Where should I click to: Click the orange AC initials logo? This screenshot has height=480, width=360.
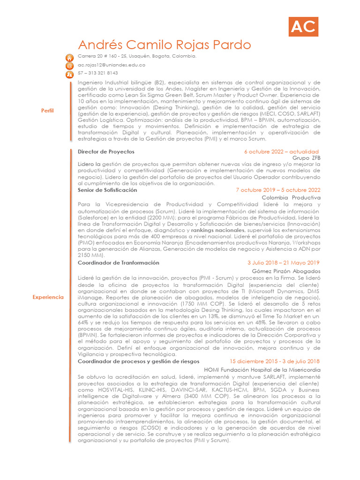[303, 27]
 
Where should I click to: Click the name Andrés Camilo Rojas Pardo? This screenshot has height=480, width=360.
[164, 45]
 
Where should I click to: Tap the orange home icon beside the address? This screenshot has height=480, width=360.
[69, 58]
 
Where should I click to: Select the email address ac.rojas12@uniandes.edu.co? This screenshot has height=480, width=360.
[111, 65]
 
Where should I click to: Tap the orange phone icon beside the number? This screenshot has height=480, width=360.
[69, 74]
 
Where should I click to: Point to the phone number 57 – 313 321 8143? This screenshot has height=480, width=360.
[97, 73]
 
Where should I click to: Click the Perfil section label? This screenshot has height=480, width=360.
[48, 111]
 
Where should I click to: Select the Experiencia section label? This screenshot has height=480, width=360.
[48, 297]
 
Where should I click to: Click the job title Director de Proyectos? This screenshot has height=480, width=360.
[106, 152]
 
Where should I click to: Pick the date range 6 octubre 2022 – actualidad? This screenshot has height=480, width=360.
[281, 152]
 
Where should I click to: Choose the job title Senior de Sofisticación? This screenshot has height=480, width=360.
[107, 190]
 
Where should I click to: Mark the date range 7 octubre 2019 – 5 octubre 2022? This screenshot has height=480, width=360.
[278, 190]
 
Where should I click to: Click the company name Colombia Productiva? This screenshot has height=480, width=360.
[291, 198]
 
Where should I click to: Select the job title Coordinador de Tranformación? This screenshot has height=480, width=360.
[118, 263]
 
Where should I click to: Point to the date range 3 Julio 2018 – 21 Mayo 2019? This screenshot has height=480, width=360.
[283, 263]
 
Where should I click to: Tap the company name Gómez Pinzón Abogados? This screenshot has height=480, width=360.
[286, 271]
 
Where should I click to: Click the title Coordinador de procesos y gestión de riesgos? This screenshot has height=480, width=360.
[138, 361]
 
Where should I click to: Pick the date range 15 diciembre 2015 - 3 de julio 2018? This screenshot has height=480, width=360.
[275, 361]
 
